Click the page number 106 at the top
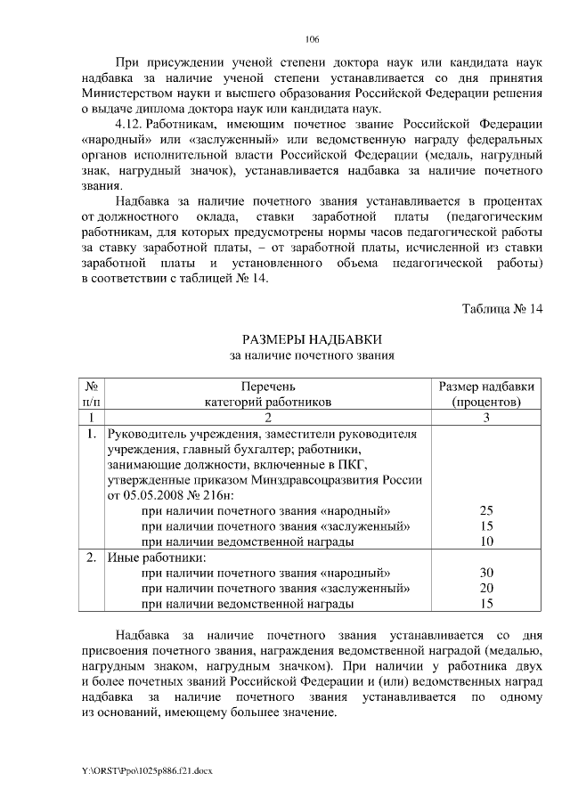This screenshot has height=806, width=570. (x=312, y=40)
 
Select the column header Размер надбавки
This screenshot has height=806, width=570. (x=487, y=387)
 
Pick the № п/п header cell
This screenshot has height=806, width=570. (x=90, y=394)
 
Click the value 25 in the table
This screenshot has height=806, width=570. (x=486, y=510)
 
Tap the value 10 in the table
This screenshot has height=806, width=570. (x=486, y=541)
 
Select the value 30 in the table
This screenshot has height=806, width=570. (x=486, y=573)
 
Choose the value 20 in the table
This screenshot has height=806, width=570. (x=486, y=588)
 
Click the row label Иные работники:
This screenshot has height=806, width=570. (x=143, y=558)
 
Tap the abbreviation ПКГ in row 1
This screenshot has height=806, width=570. (x=365, y=464)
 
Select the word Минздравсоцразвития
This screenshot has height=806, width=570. (x=327, y=479)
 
